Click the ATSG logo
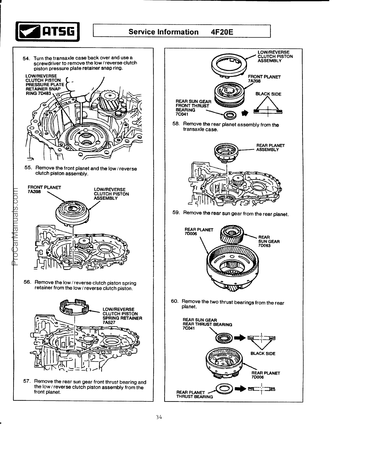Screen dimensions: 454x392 (x=48, y=32)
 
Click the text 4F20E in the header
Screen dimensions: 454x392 (x=222, y=32)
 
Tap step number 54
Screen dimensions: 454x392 (x=26, y=58)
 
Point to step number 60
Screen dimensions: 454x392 (x=175, y=301)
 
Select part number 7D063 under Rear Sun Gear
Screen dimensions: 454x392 (x=264, y=246)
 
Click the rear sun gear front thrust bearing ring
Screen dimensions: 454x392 (x=230, y=115)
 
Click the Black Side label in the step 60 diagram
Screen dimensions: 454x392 (x=263, y=354)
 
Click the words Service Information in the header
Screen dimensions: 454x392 (x=163, y=32)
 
